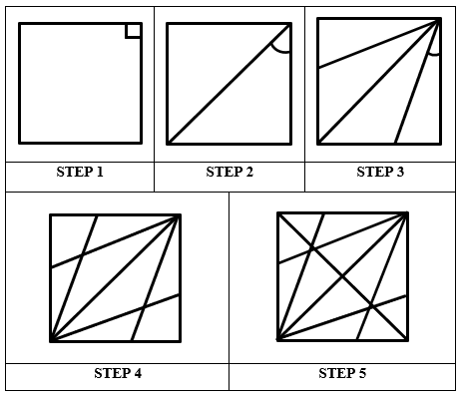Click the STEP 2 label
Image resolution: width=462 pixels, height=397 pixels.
230,173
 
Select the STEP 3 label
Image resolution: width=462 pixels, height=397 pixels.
380,173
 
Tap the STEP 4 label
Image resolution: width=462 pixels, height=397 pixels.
118,374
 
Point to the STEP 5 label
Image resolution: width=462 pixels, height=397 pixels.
342,374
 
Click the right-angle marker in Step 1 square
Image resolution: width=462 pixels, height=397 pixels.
133,31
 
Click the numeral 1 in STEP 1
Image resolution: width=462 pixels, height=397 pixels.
100,173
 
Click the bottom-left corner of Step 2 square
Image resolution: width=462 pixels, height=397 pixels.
168,144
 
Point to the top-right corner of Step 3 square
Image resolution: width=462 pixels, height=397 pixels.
440,19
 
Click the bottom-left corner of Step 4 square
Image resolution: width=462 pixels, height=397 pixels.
51,341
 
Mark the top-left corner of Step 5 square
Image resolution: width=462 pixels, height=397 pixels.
277,212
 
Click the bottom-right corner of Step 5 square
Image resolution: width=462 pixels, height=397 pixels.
407,340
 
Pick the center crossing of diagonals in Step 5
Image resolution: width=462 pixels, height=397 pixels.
342,276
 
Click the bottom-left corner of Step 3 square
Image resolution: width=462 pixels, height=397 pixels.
318,143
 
